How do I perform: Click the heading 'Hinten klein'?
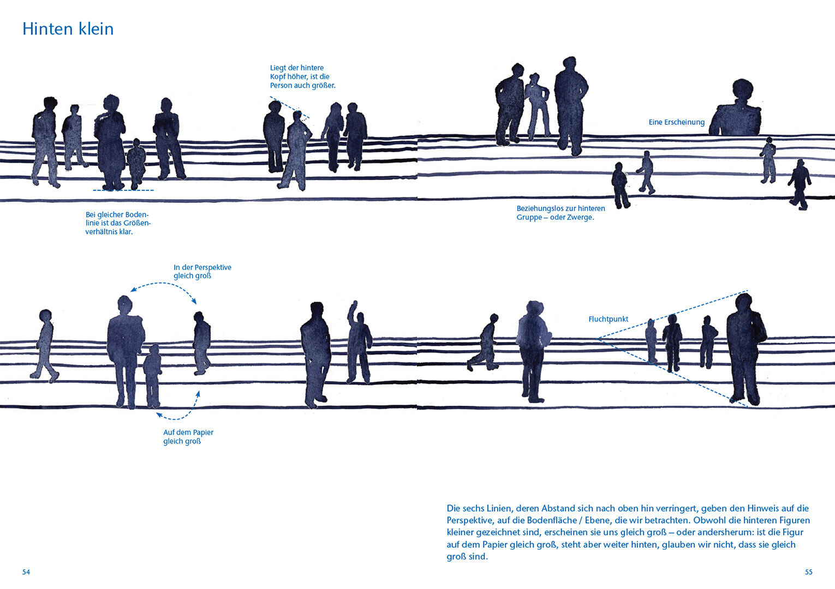tap(68, 29)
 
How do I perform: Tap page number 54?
tap(26, 572)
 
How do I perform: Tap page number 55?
tap(808, 572)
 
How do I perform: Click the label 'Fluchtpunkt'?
tap(608, 319)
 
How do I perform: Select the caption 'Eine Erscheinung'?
tap(676, 122)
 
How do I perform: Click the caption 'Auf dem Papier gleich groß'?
tap(188, 437)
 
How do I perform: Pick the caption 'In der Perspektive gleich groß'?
tap(202, 272)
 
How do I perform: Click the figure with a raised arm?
tap(357, 344)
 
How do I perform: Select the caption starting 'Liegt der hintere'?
tap(302, 77)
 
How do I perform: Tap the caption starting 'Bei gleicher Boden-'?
tap(117, 223)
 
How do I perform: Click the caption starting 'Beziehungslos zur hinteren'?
tap(560, 213)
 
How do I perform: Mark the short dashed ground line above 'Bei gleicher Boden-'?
tap(123, 190)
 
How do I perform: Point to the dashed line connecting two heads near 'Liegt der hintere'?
tap(289, 107)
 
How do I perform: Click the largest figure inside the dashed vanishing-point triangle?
tap(745, 349)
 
